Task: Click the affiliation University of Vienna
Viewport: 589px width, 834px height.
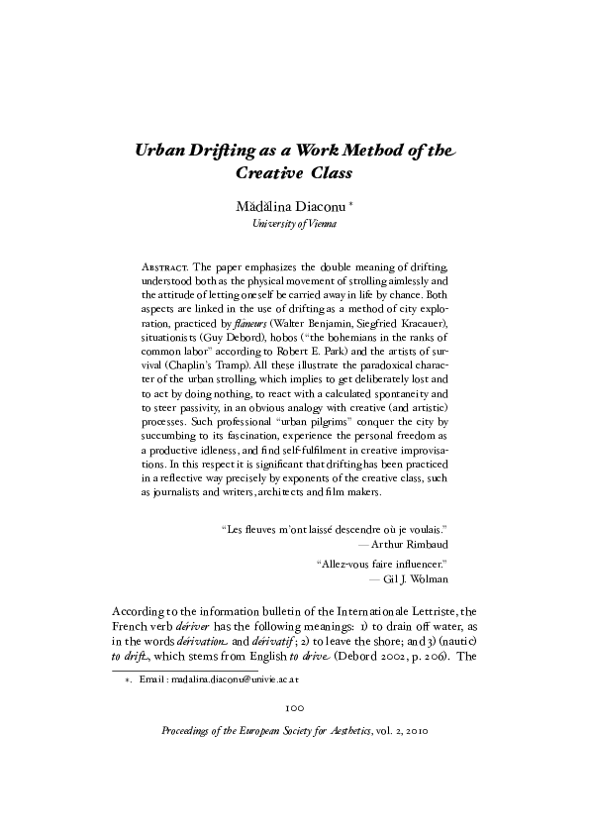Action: point(294,226)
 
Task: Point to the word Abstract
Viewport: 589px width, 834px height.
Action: point(165,267)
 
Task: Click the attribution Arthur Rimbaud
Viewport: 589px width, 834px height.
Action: point(410,544)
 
